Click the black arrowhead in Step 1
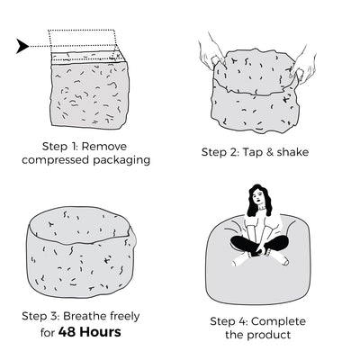[x=22, y=46]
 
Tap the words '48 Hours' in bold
[x=90, y=332]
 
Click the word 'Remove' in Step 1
[x=104, y=147]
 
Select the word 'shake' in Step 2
[x=292, y=152]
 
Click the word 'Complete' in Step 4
[x=278, y=321]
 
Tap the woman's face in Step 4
[x=257, y=198]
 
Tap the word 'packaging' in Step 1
[x=121, y=160]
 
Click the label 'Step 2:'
[x=220, y=152]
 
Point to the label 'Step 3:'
[x=40, y=316]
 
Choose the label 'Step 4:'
[x=229, y=321]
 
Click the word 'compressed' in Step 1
[x=56, y=160]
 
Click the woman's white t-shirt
[x=260, y=223]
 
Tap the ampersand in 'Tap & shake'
[x=269, y=152]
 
